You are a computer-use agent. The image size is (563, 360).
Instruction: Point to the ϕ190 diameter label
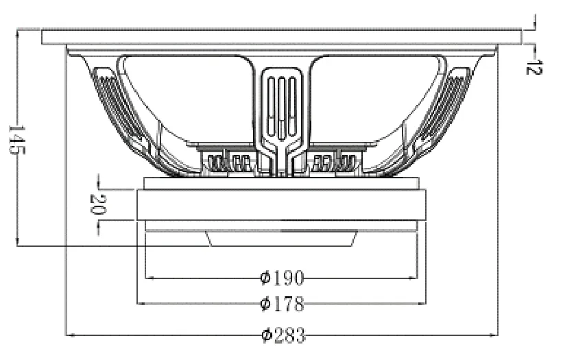[282, 278]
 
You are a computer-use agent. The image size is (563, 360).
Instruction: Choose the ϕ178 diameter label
[282, 303]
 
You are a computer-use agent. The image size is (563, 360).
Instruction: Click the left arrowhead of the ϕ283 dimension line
[68, 335]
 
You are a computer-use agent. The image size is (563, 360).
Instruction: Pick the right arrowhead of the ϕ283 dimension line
[496, 335]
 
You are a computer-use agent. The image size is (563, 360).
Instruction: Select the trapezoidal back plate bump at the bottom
[282, 238]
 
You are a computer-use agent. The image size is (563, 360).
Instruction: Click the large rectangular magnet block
[281, 204]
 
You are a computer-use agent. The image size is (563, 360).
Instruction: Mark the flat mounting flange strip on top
[281, 37]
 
